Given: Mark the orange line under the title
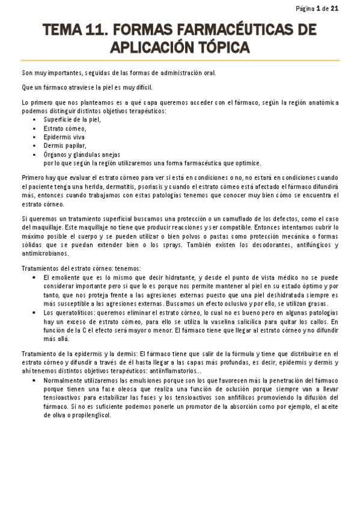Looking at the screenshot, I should point(180,60).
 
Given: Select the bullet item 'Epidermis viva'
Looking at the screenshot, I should point(64,137).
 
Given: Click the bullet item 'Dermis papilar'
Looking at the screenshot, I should point(65,146).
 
